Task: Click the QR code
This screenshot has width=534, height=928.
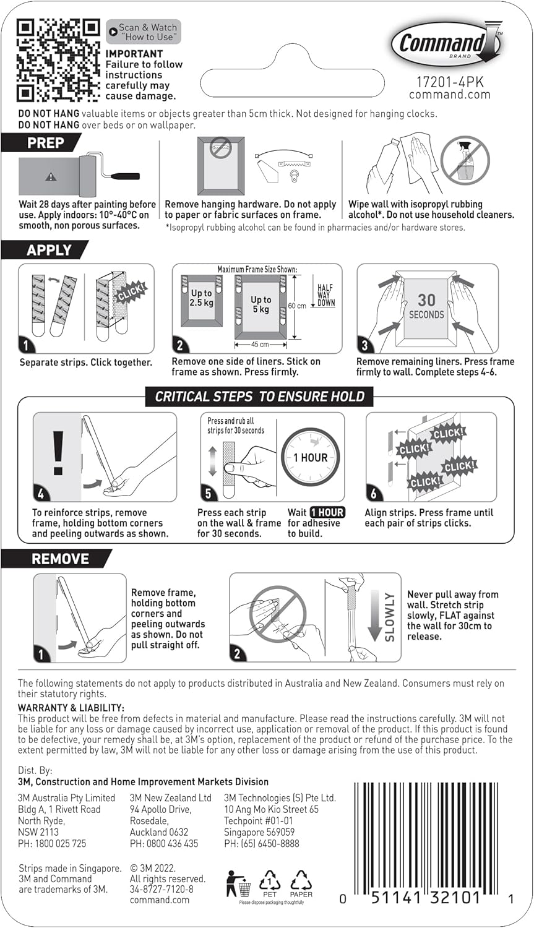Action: pyautogui.click(x=58, y=60)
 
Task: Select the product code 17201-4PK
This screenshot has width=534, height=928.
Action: pyautogui.click(x=449, y=82)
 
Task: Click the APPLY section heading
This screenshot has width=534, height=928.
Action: pyautogui.click(x=48, y=250)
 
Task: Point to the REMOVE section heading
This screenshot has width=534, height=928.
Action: pyautogui.click(x=59, y=559)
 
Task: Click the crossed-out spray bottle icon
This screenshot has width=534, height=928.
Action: pyautogui.click(x=465, y=161)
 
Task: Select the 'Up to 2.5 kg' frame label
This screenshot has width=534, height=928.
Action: pyautogui.click(x=201, y=298)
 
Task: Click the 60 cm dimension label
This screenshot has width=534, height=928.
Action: pyautogui.click(x=297, y=306)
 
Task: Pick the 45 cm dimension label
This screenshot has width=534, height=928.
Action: pyautogui.click(x=260, y=345)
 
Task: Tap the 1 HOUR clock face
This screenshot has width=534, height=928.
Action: pyautogui.click(x=310, y=458)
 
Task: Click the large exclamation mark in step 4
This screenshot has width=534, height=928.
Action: pyautogui.click(x=58, y=453)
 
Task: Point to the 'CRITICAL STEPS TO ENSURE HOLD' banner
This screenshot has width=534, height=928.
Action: pyautogui.click(x=259, y=397)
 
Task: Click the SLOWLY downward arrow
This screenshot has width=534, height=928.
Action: pyautogui.click(x=375, y=616)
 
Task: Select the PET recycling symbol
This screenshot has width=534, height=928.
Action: pyautogui.click(x=270, y=883)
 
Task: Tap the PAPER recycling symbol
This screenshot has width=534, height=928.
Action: pyautogui.click(x=301, y=883)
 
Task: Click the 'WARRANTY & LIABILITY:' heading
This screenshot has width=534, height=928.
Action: pyautogui.click(x=71, y=708)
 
